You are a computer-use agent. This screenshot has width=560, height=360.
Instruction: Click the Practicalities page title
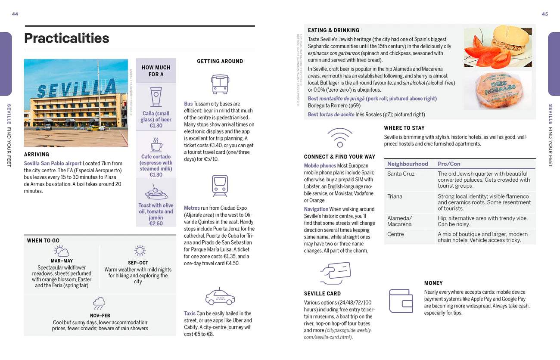tap(67, 38)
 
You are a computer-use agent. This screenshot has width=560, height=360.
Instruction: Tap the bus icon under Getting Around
tap(220, 84)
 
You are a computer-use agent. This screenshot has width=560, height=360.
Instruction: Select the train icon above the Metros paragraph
tap(220, 186)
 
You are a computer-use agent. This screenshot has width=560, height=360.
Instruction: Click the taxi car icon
tap(220, 296)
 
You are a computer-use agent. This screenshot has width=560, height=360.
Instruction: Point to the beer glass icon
tap(156, 96)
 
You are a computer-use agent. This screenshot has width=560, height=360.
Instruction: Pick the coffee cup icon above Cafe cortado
tap(156, 145)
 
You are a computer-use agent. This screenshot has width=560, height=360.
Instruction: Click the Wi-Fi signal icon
tap(339, 137)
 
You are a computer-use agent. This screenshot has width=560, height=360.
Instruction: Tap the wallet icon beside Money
tap(401, 301)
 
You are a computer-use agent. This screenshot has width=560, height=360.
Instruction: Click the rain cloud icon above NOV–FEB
tap(99, 303)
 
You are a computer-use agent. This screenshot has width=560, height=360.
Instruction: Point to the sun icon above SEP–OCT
tap(140, 251)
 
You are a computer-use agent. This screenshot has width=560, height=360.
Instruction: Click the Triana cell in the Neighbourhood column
tap(395, 196)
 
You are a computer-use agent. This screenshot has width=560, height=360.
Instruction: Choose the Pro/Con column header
tap(449, 164)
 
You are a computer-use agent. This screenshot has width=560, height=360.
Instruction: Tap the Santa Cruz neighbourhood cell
tap(401, 174)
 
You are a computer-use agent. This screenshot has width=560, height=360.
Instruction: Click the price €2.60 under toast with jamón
tap(156, 223)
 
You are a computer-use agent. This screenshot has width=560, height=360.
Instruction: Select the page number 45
tap(544, 14)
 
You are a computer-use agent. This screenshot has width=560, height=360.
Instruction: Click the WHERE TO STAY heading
tap(404, 128)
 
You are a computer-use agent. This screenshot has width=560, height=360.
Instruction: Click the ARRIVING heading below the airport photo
tap(37, 154)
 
